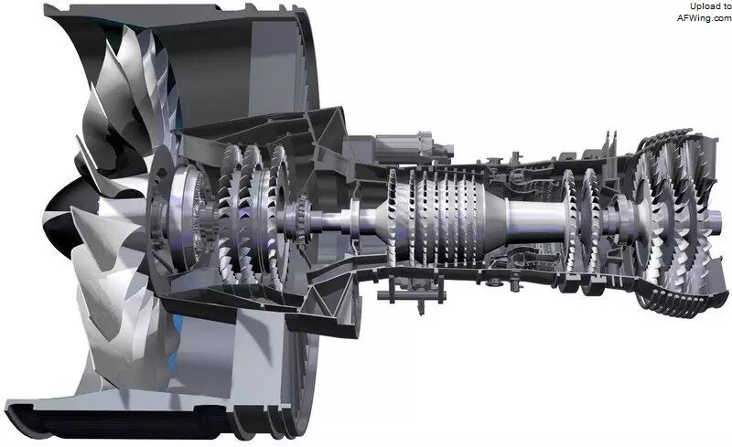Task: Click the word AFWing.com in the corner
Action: click(x=705, y=17)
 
